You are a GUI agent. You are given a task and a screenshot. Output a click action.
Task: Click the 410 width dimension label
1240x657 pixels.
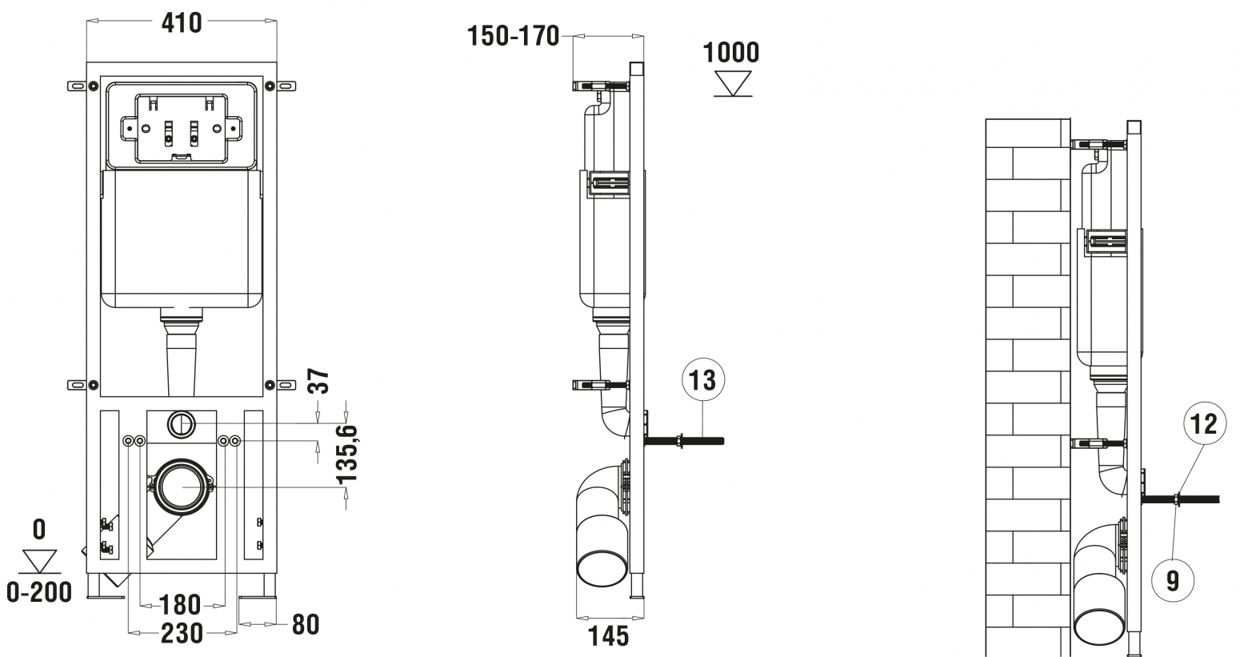tap(182, 23)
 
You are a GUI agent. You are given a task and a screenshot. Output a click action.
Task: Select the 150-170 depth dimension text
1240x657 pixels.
tap(513, 37)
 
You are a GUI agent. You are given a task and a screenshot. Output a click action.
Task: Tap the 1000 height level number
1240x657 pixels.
tap(730, 53)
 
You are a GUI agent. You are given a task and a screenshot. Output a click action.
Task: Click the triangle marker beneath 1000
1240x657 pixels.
tap(732, 84)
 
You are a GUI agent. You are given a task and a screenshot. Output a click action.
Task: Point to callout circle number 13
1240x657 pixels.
tap(703, 380)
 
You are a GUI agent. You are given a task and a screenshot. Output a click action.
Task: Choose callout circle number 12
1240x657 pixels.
tap(1205, 424)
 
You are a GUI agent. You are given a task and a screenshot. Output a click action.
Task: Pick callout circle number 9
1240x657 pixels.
tap(1173, 580)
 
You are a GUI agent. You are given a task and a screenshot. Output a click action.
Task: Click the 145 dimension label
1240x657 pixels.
tap(608, 636)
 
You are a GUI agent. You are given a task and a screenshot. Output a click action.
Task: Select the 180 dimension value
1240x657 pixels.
tap(180, 604)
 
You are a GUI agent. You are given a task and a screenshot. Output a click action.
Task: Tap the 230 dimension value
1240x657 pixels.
tap(182, 634)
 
